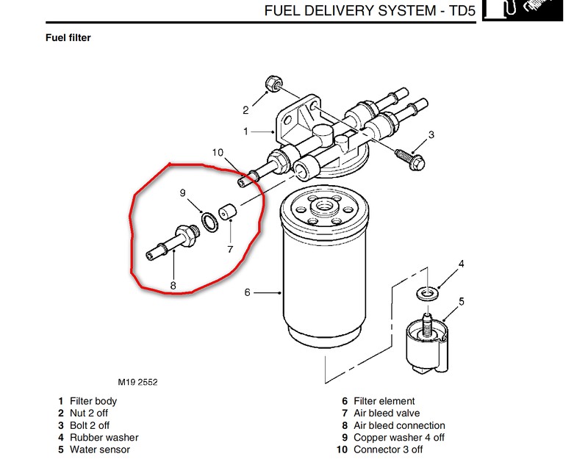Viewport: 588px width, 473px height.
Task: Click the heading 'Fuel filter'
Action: (x=68, y=37)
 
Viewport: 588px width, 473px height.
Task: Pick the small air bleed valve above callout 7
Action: (x=229, y=212)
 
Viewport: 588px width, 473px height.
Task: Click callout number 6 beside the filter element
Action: (x=247, y=292)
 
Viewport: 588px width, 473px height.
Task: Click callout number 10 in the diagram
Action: (x=218, y=152)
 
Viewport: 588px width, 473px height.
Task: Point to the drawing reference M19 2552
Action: (x=138, y=382)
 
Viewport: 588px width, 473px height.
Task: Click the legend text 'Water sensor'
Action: (x=99, y=449)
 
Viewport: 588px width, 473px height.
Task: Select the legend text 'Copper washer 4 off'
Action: (x=399, y=437)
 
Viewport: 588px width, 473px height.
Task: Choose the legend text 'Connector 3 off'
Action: (x=388, y=449)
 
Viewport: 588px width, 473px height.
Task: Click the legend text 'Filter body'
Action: (x=93, y=401)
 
